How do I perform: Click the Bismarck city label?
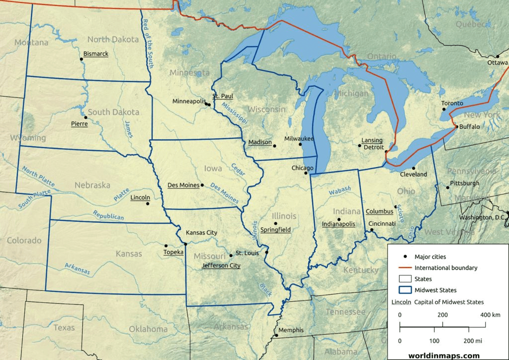[x=95, y=54]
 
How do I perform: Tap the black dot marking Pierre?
[x=85, y=117]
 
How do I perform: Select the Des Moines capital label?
[x=183, y=185]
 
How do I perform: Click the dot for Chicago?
[x=306, y=173]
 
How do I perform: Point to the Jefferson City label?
[x=221, y=266]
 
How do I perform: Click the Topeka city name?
[x=173, y=252]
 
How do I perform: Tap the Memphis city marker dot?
[x=276, y=335]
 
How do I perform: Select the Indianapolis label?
[x=339, y=224]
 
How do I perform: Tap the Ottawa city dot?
[x=497, y=56]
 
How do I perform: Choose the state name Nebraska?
[x=92, y=185]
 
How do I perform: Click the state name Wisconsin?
[x=266, y=109]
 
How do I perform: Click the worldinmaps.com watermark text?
[x=443, y=355]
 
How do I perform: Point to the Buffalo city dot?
[x=456, y=127]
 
